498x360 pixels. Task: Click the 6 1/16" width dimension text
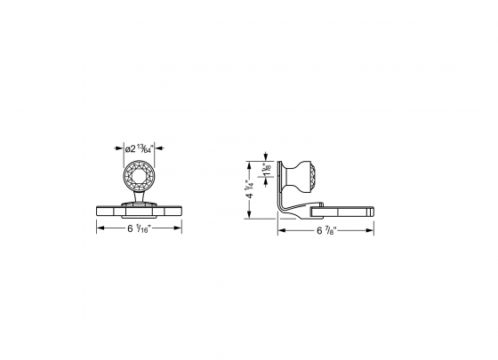tap(139, 228)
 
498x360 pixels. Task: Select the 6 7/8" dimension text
tap(325, 231)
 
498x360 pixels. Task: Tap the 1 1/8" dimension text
tap(267, 166)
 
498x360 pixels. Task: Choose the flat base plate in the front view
tap(139, 211)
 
